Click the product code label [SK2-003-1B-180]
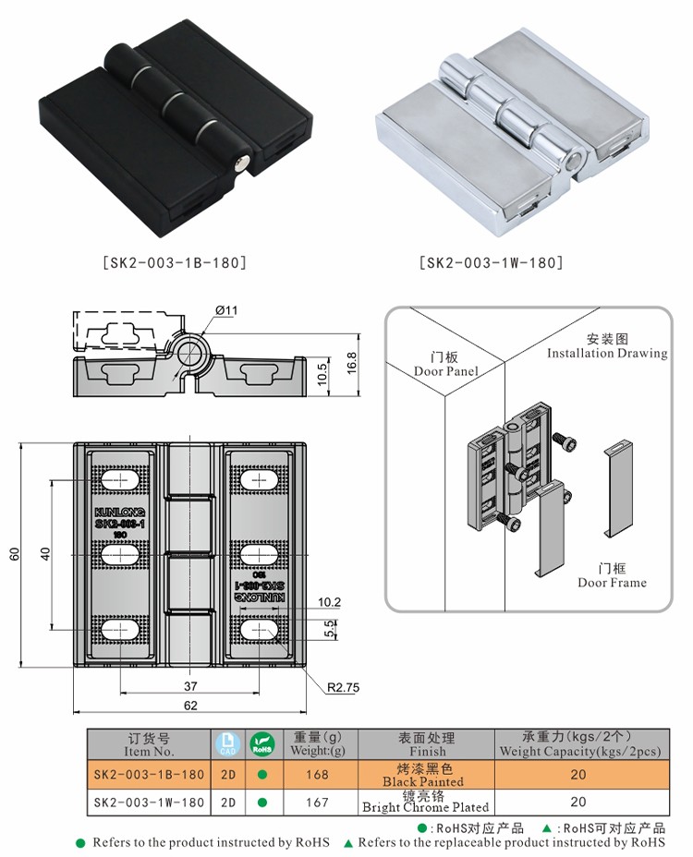coord(173,262)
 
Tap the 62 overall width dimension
coord(190,705)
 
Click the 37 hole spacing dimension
coord(190,685)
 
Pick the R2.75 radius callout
coord(343,687)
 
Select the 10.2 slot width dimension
coord(303,602)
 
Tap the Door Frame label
coord(612,576)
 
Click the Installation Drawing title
coord(606,347)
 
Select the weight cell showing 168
coord(317,775)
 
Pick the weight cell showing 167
coord(317,803)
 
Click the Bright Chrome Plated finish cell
coord(425,802)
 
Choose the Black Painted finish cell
coord(425,775)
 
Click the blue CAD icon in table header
coord(226,744)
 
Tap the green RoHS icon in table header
coord(262,744)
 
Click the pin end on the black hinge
coord(242,164)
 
